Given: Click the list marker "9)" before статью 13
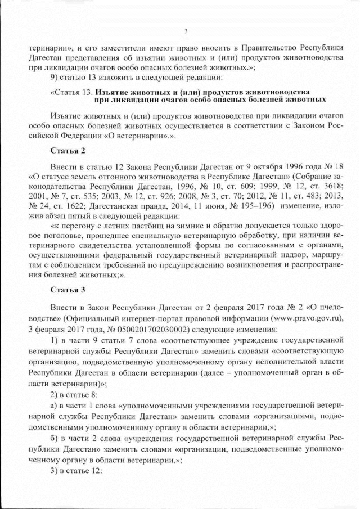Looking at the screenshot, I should (x=54, y=76).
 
